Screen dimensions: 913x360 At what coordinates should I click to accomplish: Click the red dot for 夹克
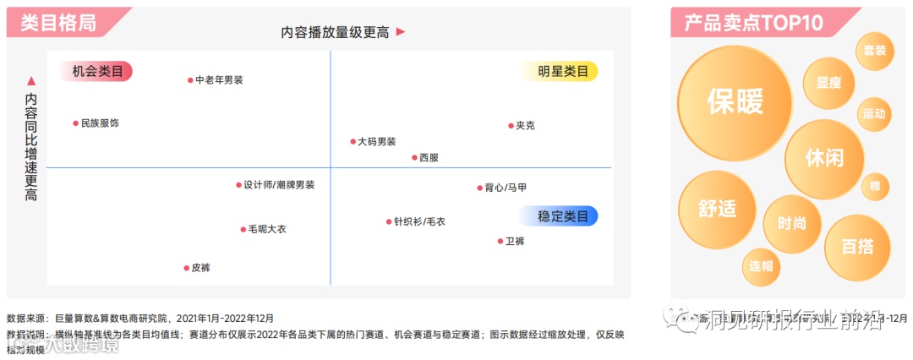pos(510,126)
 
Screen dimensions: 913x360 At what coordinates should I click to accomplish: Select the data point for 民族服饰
pos(75,123)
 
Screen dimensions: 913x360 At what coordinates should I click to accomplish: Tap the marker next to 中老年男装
pos(190,80)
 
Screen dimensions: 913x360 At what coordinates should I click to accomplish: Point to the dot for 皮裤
pos(186,268)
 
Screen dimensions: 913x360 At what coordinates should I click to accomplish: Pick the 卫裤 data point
pos(500,242)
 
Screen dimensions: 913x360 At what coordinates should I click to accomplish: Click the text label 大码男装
pos(376,142)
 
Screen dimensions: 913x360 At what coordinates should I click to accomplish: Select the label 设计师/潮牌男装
pos(279,185)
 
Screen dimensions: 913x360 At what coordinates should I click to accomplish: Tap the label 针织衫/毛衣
pos(419,222)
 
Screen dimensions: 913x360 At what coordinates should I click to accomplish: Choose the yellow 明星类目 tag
pos(563,71)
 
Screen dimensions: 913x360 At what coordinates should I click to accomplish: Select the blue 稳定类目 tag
pos(563,216)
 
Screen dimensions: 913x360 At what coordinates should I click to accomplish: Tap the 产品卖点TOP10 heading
pos(753,23)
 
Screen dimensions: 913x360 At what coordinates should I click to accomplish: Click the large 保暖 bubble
pos(735,101)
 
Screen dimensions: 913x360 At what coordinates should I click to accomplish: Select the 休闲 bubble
pos(823,158)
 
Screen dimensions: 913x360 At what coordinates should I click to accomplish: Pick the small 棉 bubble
pos(875,187)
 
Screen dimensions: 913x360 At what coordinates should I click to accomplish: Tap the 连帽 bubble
pos(761,265)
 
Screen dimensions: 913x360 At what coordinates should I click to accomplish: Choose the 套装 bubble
pos(875,51)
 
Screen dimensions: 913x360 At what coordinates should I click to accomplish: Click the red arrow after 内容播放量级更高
pos(401,32)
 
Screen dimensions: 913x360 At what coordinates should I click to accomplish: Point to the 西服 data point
pos(414,157)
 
